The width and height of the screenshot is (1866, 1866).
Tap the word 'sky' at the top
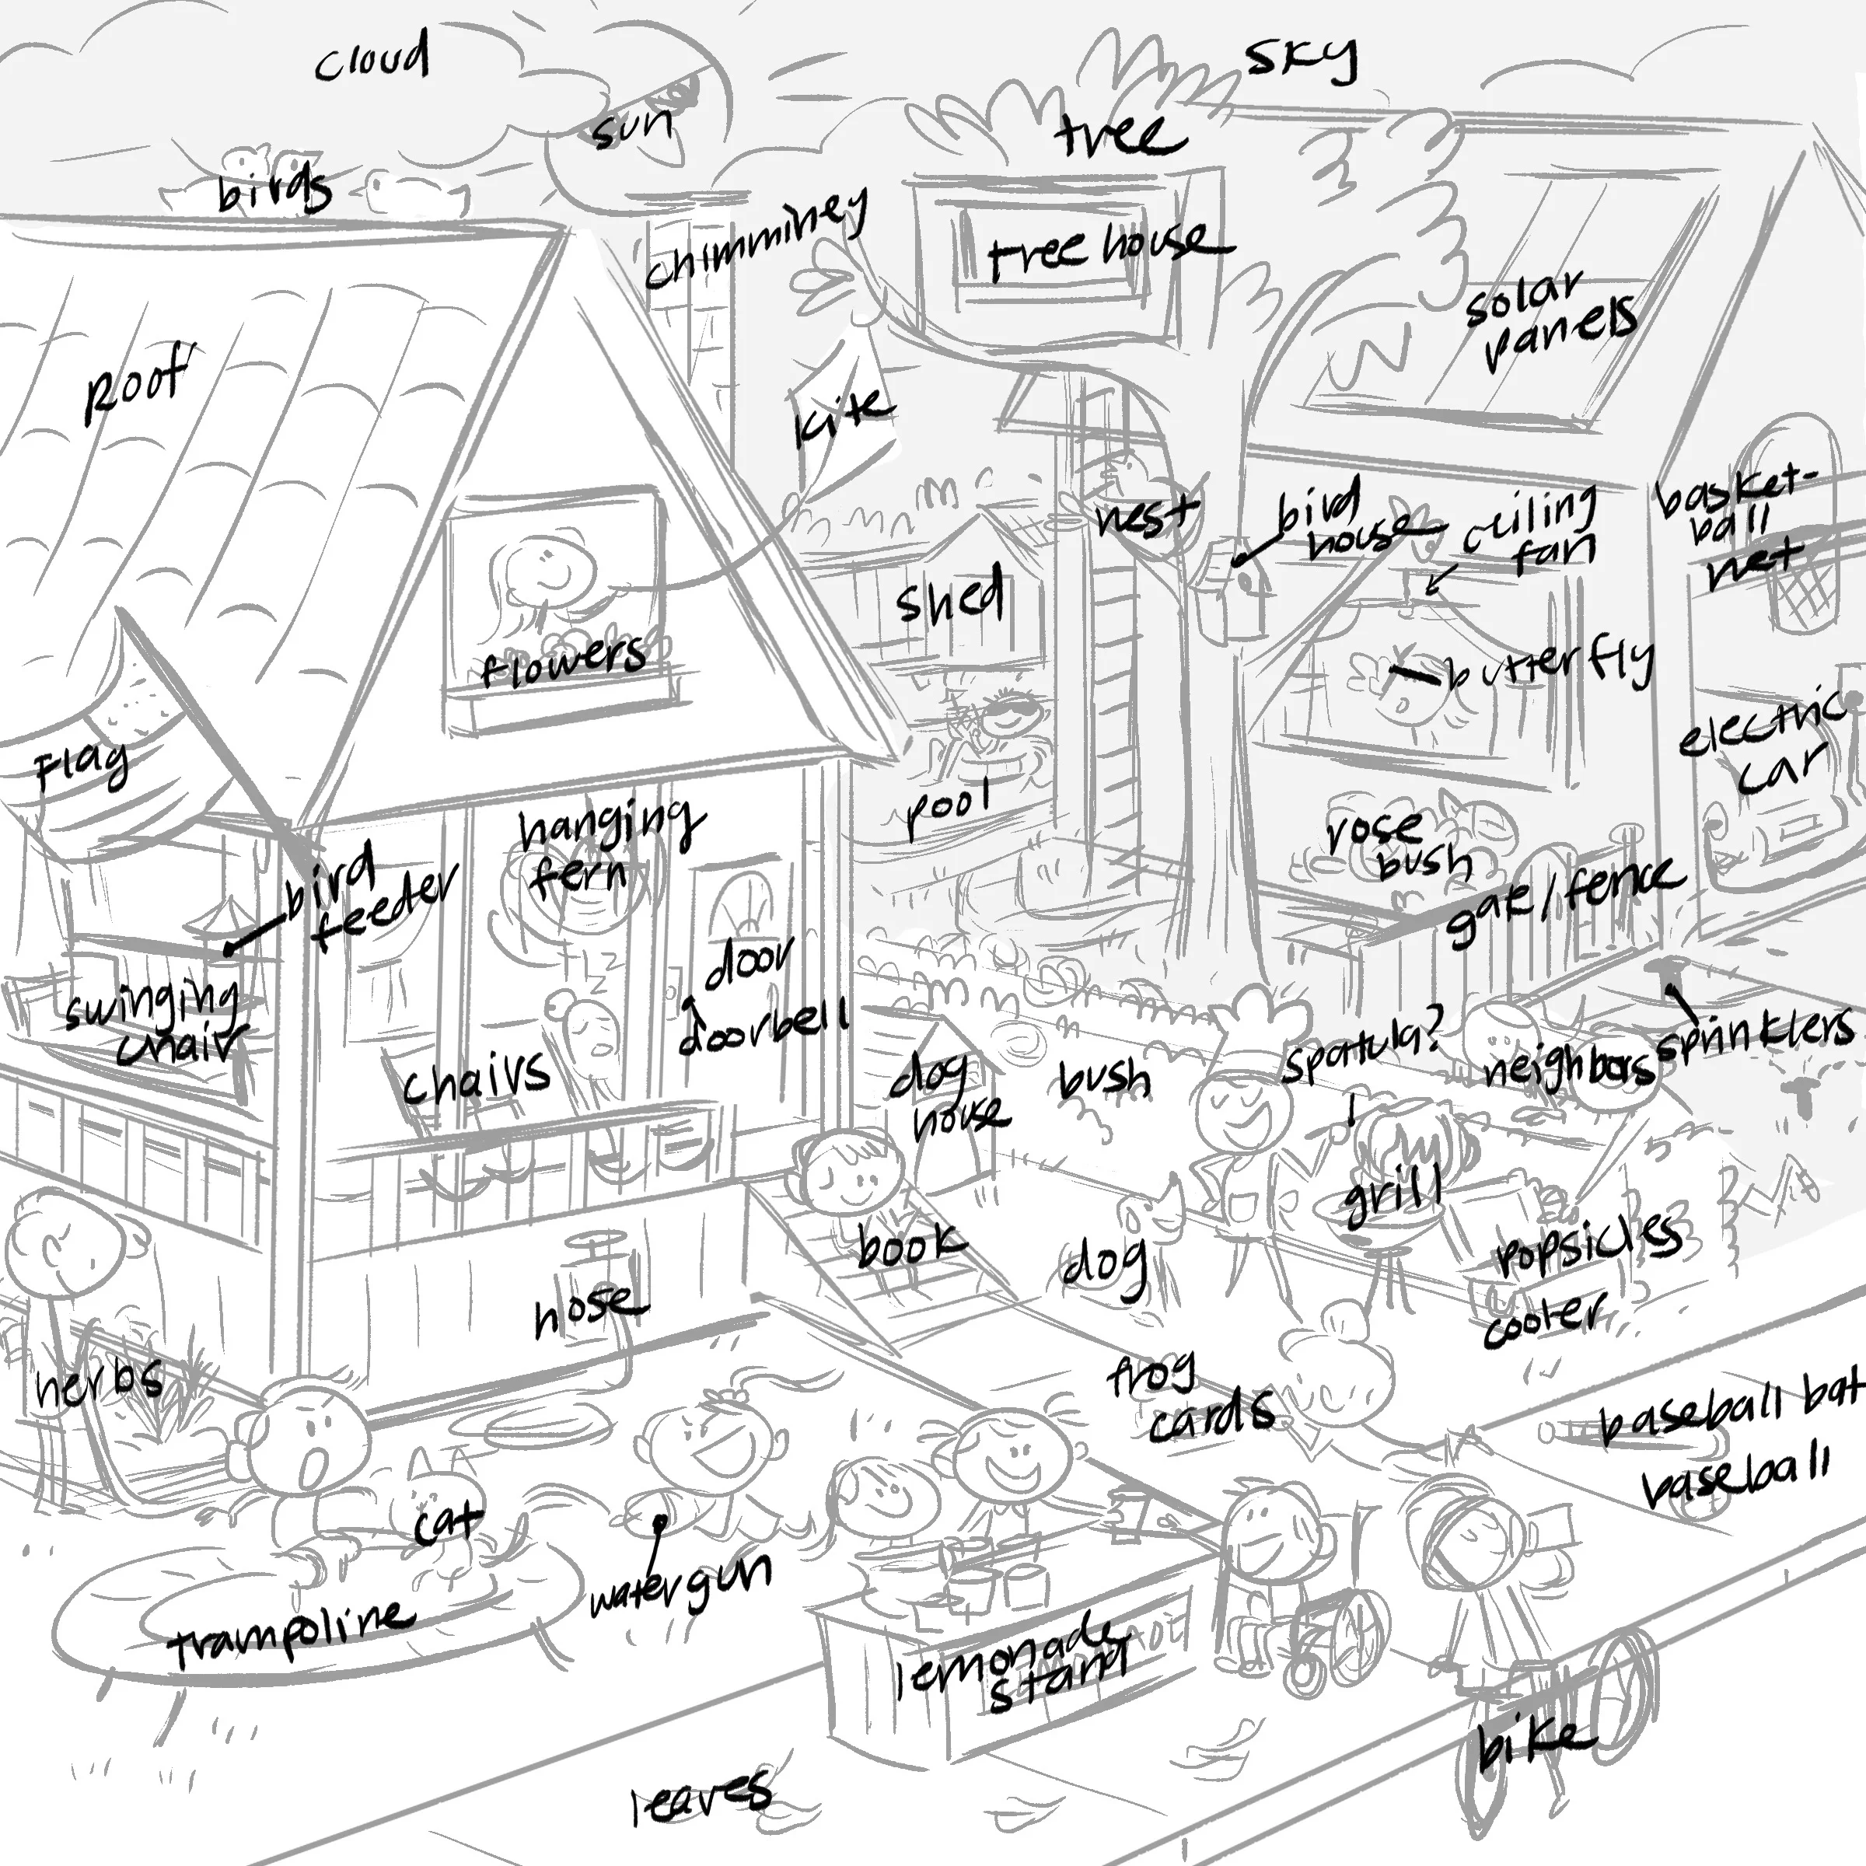click(1300, 60)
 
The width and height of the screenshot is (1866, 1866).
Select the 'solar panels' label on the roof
click(1550, 319)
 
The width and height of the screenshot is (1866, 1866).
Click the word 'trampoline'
click(290, 1632)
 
